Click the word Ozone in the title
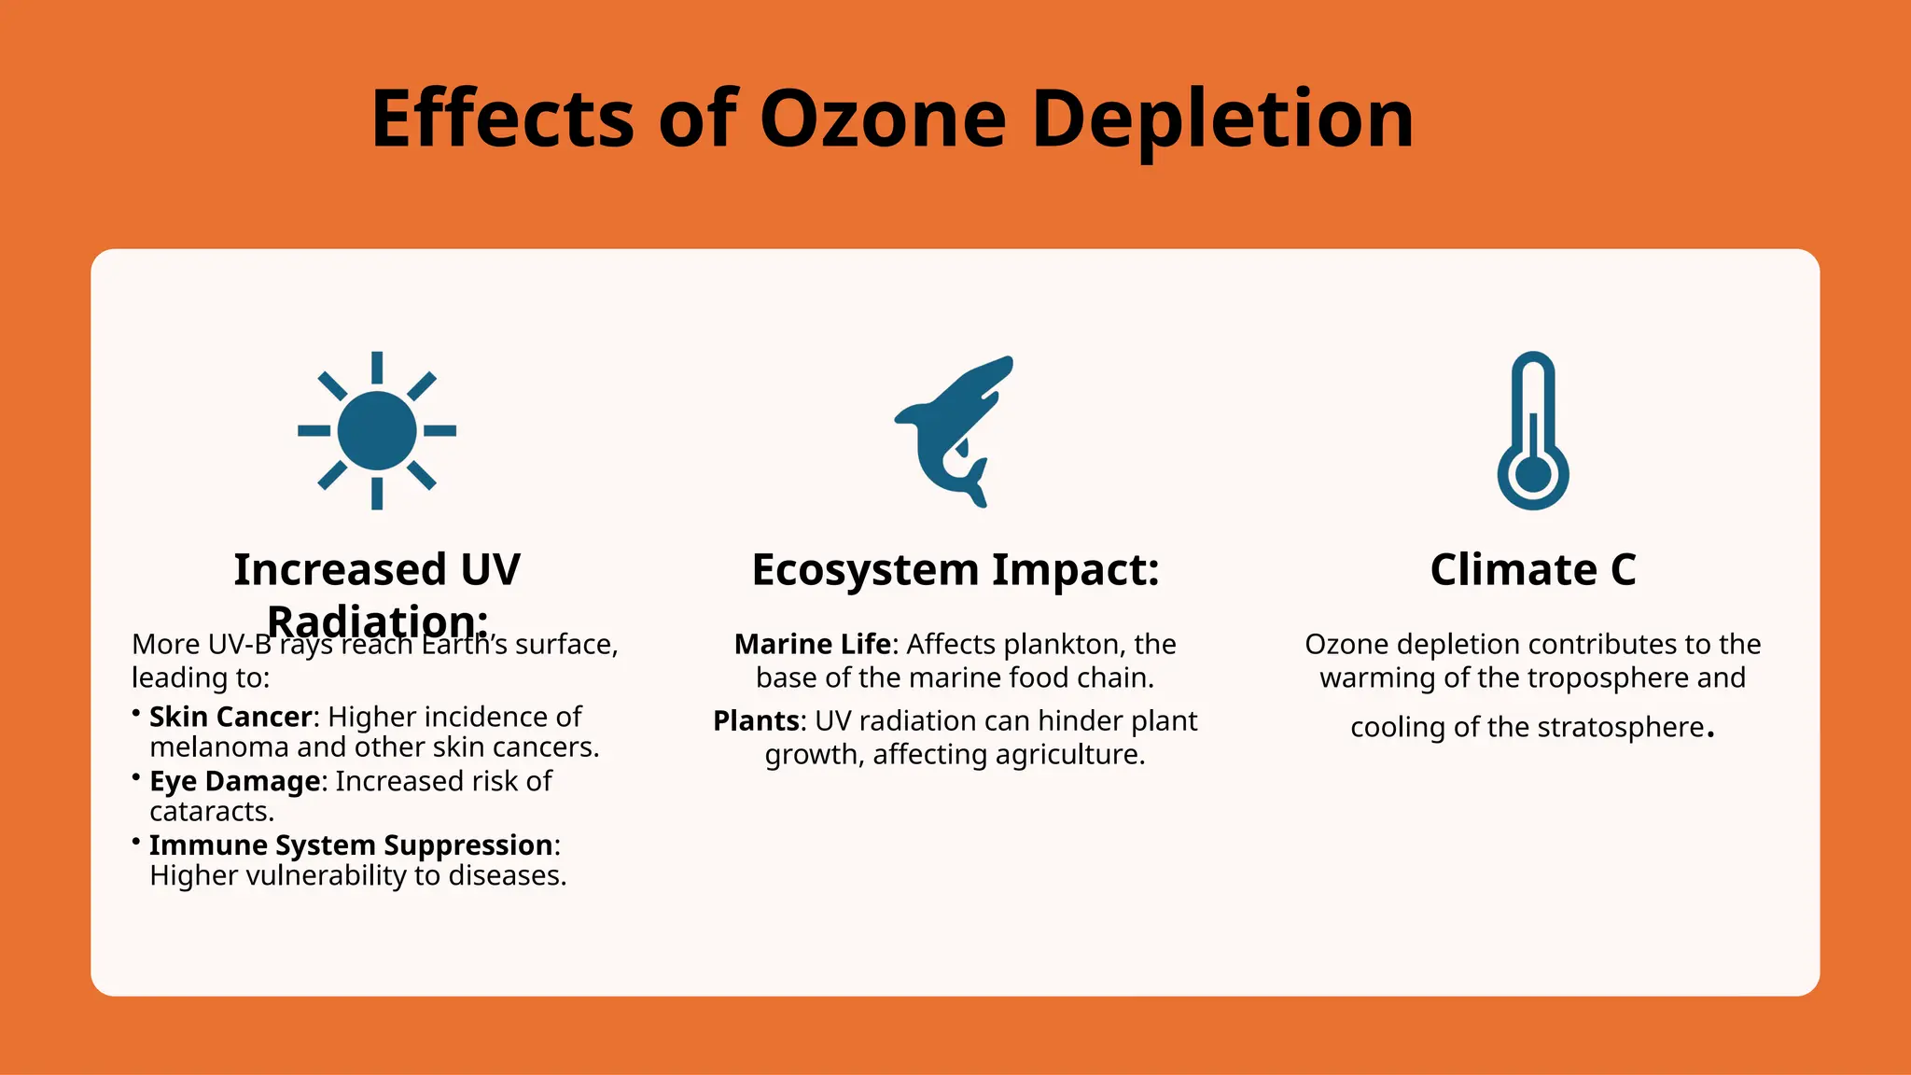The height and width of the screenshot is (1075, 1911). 883,119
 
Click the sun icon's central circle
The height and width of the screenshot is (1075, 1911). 377,431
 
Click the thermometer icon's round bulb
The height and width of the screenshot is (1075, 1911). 1533,474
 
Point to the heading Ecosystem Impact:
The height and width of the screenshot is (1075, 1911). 955,569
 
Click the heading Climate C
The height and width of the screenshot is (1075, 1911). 1533,569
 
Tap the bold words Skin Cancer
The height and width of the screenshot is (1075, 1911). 230,717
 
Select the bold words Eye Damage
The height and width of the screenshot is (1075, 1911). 235,781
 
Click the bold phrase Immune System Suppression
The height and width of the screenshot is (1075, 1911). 351,845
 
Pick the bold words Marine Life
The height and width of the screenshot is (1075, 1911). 813,644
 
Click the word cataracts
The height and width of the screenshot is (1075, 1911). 212,812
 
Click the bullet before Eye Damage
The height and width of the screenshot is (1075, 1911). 136,775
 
